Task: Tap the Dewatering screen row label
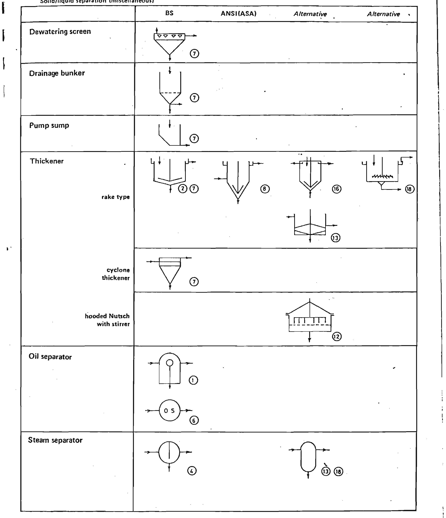click(60, 32)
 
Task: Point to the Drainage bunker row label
click(57, 73)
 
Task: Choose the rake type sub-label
click(115, 197)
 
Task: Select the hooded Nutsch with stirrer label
click(107, 320)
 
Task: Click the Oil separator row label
click(50, 357)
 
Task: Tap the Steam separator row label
click(55, 440)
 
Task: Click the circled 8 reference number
click(265, 189)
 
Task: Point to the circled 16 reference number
click(336, 189)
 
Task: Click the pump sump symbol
click(170, 136)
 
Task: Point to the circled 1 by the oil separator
click(193, 380)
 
